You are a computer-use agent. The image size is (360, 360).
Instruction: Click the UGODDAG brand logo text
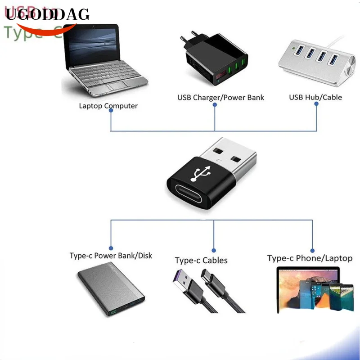click(48, 15)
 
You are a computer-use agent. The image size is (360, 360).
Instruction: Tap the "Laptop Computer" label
click(108, 106)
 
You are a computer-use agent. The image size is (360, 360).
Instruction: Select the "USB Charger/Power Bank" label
click(220, 97)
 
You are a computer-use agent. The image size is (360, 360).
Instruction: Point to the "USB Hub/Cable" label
click(315, 97)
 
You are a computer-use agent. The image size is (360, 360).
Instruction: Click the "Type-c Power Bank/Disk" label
click(111, 256)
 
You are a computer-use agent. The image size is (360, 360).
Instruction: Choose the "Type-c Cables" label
click(201, 261)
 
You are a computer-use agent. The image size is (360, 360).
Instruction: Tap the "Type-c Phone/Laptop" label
click(310, 258)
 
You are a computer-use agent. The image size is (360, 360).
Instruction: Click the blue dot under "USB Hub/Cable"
click(316, 103)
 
